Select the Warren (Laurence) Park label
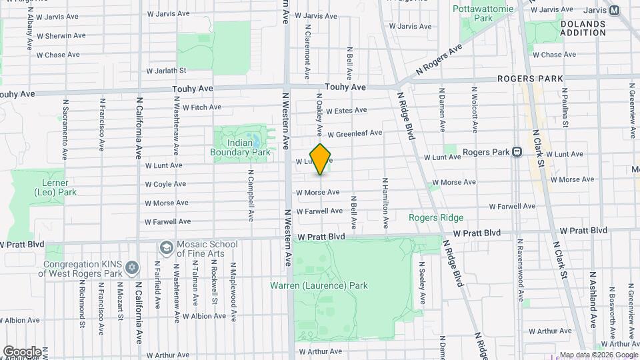coord(319,286)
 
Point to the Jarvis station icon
coord(614,10)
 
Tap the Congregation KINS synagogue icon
coord(132,268)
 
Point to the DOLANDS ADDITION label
coord(583,28)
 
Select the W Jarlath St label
coord(166,69)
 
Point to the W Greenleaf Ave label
coord(354,133)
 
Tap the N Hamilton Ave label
coord(385,196)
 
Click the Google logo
coord(22,351)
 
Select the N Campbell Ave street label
coord(251,198)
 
